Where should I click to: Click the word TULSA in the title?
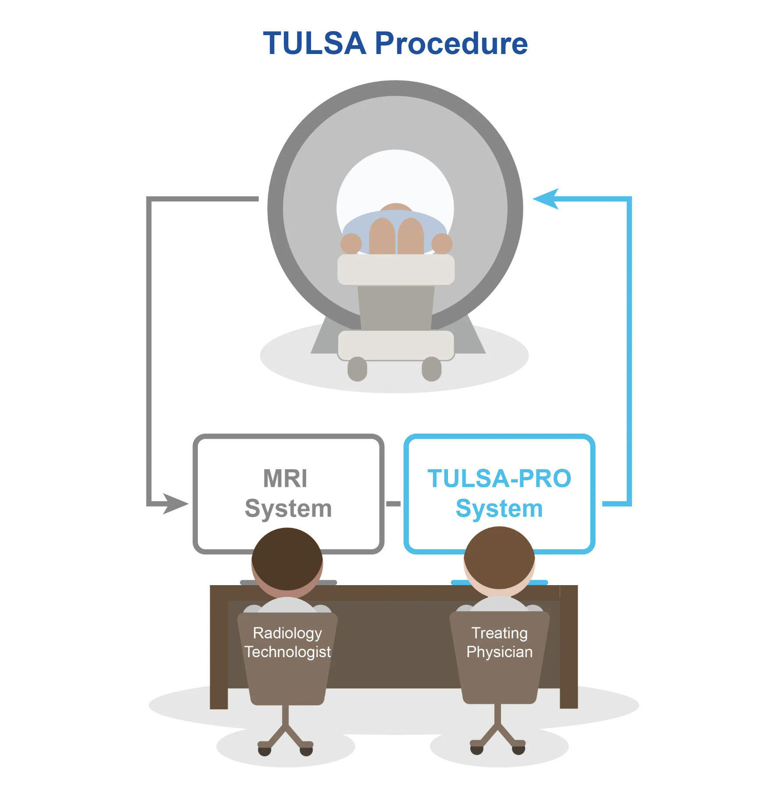click(314, 43)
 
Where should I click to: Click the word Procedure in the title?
click(451, 44)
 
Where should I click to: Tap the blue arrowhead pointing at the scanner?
click(546, 199)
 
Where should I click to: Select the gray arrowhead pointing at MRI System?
click(175, 503)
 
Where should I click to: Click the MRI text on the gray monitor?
click(285, 478)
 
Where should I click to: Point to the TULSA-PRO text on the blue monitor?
click(499, 478)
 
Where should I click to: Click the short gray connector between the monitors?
click(393, 503)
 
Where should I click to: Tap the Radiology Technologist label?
click(287, 642)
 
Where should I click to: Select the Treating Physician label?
click(499, 642)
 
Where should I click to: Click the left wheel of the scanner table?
click(357, 369)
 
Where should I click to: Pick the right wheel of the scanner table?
click(432, 369)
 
